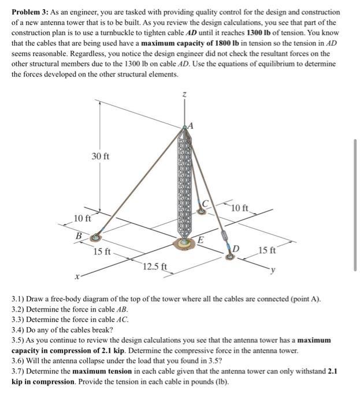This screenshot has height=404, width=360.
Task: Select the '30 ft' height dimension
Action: (101, 156)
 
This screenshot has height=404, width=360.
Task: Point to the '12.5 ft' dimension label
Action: (155, 266)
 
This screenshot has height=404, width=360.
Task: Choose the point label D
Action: (236, 248)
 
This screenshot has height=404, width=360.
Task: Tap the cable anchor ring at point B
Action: (96, 237)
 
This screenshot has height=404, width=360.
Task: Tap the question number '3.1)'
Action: (19, 300)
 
